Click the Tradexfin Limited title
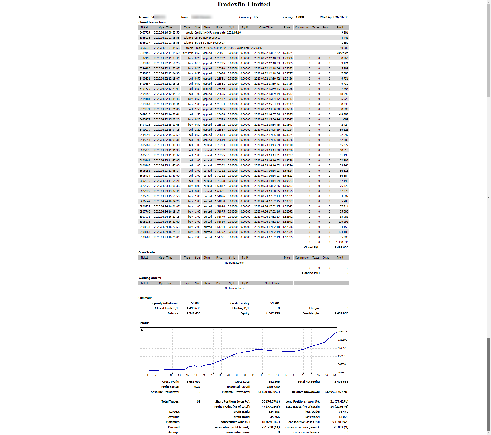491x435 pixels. (243, 4)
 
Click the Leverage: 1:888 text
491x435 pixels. (292, 17)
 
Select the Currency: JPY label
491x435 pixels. (249, 17)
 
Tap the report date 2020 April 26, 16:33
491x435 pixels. (334, 17)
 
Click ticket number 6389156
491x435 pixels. (145, 53)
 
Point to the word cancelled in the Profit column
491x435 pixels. (342, 53)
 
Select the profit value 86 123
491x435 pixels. (344, 130)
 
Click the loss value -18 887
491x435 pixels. (343, 114)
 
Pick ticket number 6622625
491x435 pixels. (145, 186)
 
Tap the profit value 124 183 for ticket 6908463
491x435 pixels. (343, 232)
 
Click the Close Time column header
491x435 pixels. (266, 27)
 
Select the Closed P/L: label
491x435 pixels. (311, 247)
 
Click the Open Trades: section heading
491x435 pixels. (147, 252)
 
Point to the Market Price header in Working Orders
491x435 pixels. (272, 283)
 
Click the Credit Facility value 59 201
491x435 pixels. (275, 303)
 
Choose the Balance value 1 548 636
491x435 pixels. (193, 313)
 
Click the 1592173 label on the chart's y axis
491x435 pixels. (342, 332)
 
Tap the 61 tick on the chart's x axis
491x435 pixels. (334, 375)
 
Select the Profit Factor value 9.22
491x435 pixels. (197, 387)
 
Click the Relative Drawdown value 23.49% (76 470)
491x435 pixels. (336, 392)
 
